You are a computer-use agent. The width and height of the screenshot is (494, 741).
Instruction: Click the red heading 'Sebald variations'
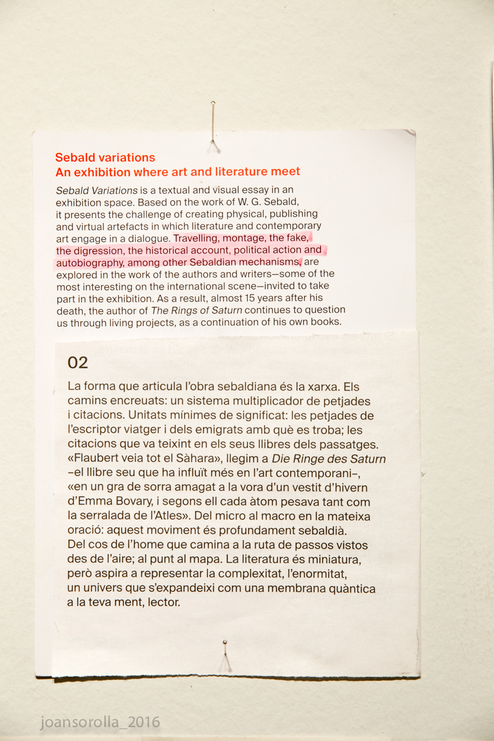click(x=105, y=157)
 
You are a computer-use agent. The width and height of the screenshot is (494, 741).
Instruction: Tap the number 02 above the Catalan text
click(x=78, y=363)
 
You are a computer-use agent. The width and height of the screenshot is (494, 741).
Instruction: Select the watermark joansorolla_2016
click(x=100, y=722)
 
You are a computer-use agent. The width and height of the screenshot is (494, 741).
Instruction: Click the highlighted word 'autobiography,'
click(x=90, y=263)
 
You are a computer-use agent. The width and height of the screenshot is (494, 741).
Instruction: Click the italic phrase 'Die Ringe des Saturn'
click(x=337, y=459)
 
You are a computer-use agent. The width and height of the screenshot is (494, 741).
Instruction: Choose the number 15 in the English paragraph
click(x=261, y=299)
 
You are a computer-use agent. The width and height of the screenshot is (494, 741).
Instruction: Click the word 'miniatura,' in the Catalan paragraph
click(x=339, y=560)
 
